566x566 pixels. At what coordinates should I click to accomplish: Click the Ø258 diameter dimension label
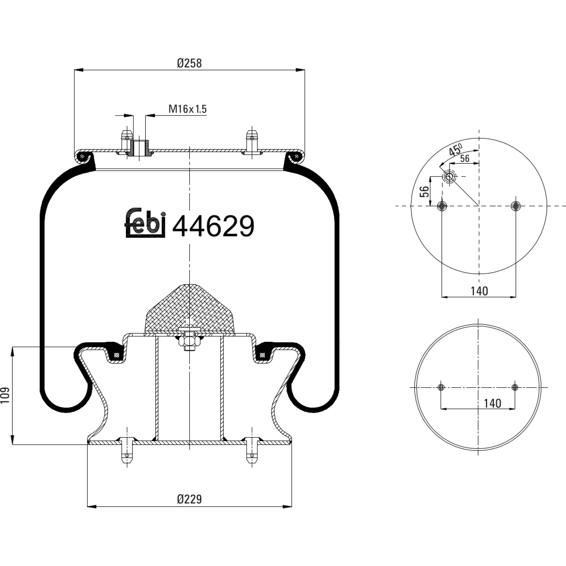[189, 63]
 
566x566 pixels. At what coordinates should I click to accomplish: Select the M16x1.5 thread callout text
[187, 109]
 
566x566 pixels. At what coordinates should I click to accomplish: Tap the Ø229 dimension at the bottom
[189, 499]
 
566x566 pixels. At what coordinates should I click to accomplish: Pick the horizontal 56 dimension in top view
[465, 158]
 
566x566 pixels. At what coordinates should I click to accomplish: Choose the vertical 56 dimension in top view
[424, 191]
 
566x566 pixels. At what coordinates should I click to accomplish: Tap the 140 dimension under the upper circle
[479, 291]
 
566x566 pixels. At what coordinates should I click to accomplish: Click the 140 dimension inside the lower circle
[492, 403]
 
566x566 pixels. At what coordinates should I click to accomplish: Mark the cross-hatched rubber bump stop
[190, 308]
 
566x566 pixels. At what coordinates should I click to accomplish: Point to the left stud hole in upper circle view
[442, 206]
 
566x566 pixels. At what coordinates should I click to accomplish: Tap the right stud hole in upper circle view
[516, 206]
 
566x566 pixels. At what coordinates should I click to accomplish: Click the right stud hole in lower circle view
[515, 387]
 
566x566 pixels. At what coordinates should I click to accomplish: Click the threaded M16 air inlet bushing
[140, 148]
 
